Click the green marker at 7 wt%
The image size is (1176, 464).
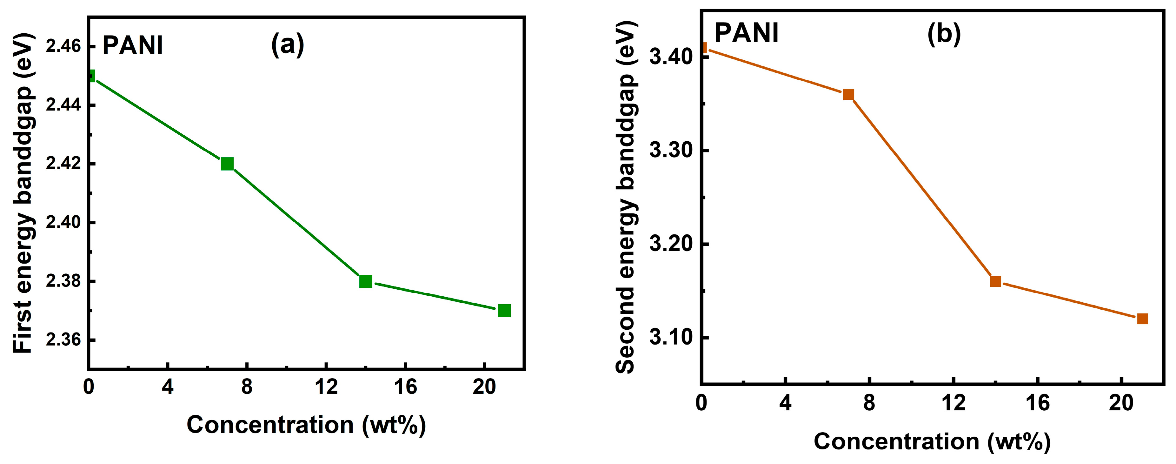coord(227,164)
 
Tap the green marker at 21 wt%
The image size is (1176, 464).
coord(504,311)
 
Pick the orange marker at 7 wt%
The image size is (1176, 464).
coord(848,95)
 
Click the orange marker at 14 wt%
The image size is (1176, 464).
coord(996,281)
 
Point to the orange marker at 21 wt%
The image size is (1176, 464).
coord(1143,319)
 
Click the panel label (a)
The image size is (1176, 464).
coord(288,45)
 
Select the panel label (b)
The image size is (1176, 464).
coord(944,33)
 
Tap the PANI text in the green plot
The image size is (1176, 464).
coord(132,46)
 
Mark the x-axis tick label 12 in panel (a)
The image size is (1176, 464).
coord(326,387)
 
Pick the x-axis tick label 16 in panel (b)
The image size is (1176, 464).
coord(1038,403)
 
